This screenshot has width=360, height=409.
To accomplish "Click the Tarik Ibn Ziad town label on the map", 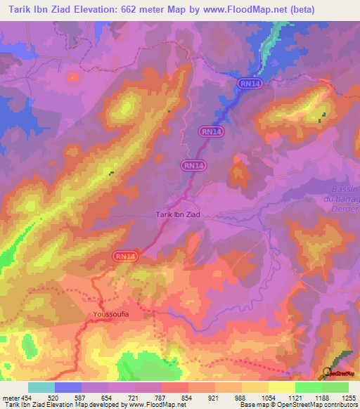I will [177, 215].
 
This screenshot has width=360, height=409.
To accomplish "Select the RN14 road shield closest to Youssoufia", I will [125, 257].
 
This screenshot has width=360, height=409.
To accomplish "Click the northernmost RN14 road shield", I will [247, 84].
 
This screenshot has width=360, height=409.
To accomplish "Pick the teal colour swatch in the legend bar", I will [41, 387].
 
